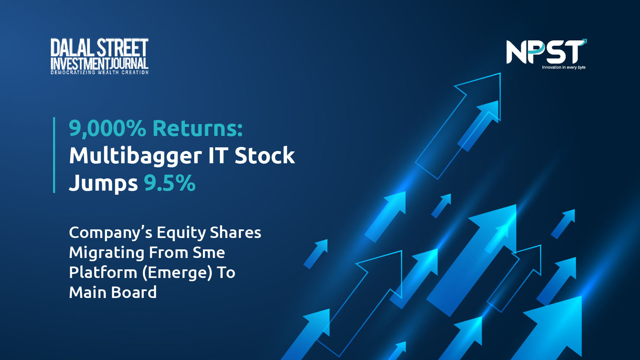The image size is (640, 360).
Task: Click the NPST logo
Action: pos(546,54)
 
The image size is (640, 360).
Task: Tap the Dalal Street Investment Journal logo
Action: pos(100,56)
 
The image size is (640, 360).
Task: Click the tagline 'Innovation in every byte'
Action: pos(564,67)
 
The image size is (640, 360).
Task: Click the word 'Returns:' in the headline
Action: pos(198,128)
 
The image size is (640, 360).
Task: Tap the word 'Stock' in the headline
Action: pos(265,156)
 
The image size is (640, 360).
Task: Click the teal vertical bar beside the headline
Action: pos(54,155)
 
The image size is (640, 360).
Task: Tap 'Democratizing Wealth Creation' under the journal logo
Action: pos(100,73)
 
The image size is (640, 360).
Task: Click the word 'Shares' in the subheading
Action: pos(236,233)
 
